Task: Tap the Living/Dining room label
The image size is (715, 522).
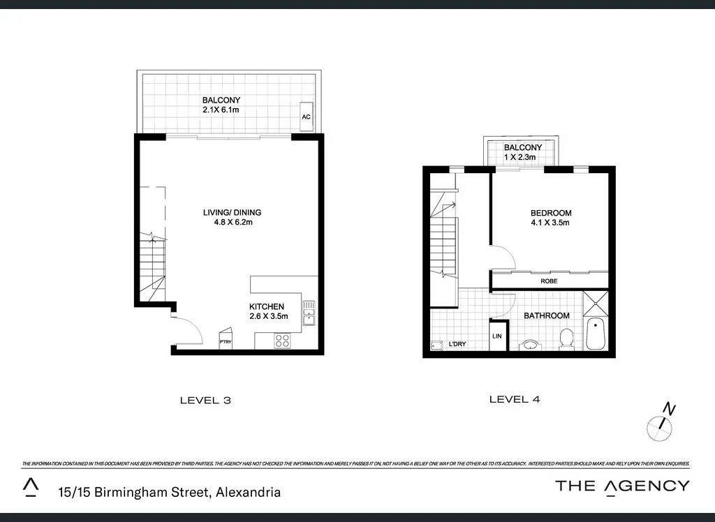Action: click(222, 213)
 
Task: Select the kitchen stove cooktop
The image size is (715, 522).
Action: click(283, 341)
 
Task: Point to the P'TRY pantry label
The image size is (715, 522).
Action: click(226, 342)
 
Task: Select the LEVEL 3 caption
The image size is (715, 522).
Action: click(205, 401)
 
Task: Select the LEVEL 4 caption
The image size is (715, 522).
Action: click(515, 400)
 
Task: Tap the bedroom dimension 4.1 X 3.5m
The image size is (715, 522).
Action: click(551, 223)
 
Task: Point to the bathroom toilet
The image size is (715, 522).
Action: click(566, 339)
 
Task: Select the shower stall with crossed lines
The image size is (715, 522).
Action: click(596, 303)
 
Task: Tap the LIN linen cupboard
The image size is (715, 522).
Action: click(497, 337)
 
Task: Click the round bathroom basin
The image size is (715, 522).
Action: click(529, 344)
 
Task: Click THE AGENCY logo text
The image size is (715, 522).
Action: click(622, 486)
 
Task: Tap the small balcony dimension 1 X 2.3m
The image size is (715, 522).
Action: click(519, 158)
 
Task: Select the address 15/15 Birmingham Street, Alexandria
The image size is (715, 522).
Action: click(169, 492)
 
